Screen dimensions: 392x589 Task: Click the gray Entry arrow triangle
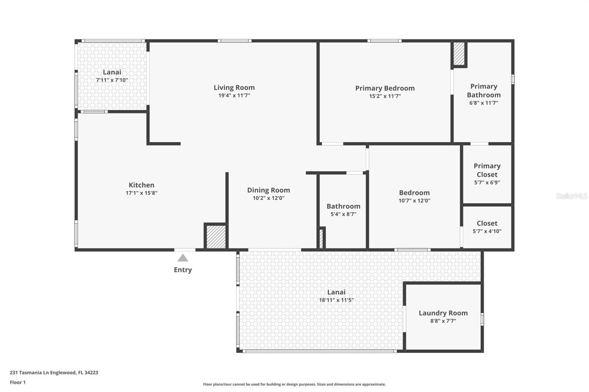(x=183, y=258)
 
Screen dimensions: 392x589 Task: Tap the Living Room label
(x=234, y=88)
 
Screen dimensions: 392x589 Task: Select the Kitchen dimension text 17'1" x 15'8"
(x=141, y=193)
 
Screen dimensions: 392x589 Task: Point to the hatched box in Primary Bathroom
(x=459, y=54)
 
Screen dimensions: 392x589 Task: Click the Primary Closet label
(x=487, y=170)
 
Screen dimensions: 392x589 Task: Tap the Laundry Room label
(x=443, y=313)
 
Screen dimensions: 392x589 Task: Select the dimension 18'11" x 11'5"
(x=336, y=300)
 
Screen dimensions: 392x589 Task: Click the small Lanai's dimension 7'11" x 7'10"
(x=112, y=80)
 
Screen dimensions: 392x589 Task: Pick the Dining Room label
(x=268, y=190)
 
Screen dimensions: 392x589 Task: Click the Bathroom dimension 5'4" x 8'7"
(x=343, y=214)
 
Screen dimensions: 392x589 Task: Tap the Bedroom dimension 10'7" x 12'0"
(x=414, y=200)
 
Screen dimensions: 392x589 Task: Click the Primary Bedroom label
(x=385, y=88)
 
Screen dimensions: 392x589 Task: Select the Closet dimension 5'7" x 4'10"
(x=487, y=231)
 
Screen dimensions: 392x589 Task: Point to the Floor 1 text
(x=18, y=382)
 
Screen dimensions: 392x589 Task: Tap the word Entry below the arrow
(x=183, y=270)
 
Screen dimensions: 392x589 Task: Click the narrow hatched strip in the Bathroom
(x=321, y=238)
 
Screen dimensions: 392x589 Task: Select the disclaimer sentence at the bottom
(x=294, y=384)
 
